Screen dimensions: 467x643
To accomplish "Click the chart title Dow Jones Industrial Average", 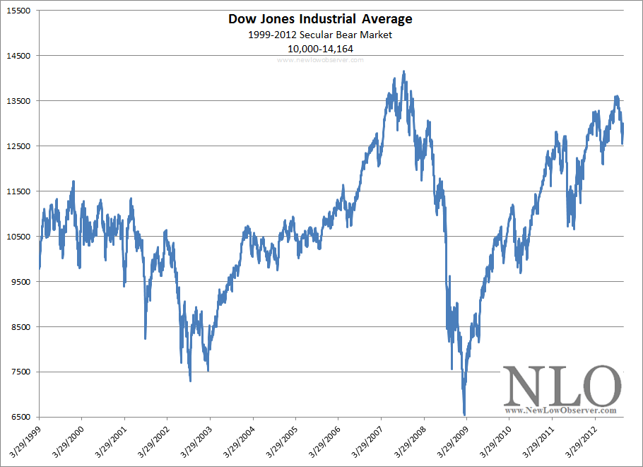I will [x=320, y=19].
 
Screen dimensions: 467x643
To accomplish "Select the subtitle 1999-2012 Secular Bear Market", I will [x=320, y=35].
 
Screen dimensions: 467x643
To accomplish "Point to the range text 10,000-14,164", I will [x=320, y=49].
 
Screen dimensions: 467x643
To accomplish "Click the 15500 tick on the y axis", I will [x=18, y=11].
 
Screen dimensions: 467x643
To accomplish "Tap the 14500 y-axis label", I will [x=18, y=56].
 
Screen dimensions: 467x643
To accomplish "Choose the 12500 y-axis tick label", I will [x=18, y=146].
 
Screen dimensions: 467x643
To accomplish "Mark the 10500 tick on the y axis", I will [x=18, y=237].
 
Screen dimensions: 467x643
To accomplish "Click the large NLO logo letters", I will [x=562, y=386].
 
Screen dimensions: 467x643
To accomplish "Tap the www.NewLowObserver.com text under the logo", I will [x=561, y=410].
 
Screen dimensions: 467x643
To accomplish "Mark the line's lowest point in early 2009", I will [x=464, y=415].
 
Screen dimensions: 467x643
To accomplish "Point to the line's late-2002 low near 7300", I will [x=191, y=381].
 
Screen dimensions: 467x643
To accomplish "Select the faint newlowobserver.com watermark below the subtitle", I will [x=320, y=60].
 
